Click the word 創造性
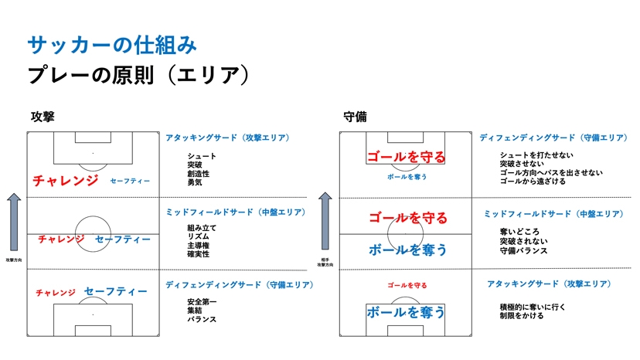(x=199, y=173)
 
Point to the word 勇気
(x=194, y=182)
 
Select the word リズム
(x=199, y=236)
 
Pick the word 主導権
(x=199, y=245)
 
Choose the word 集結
(x=194, y=310)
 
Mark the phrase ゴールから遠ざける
(x=533, y=182)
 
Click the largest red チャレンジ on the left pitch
(x=66, y=180)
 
